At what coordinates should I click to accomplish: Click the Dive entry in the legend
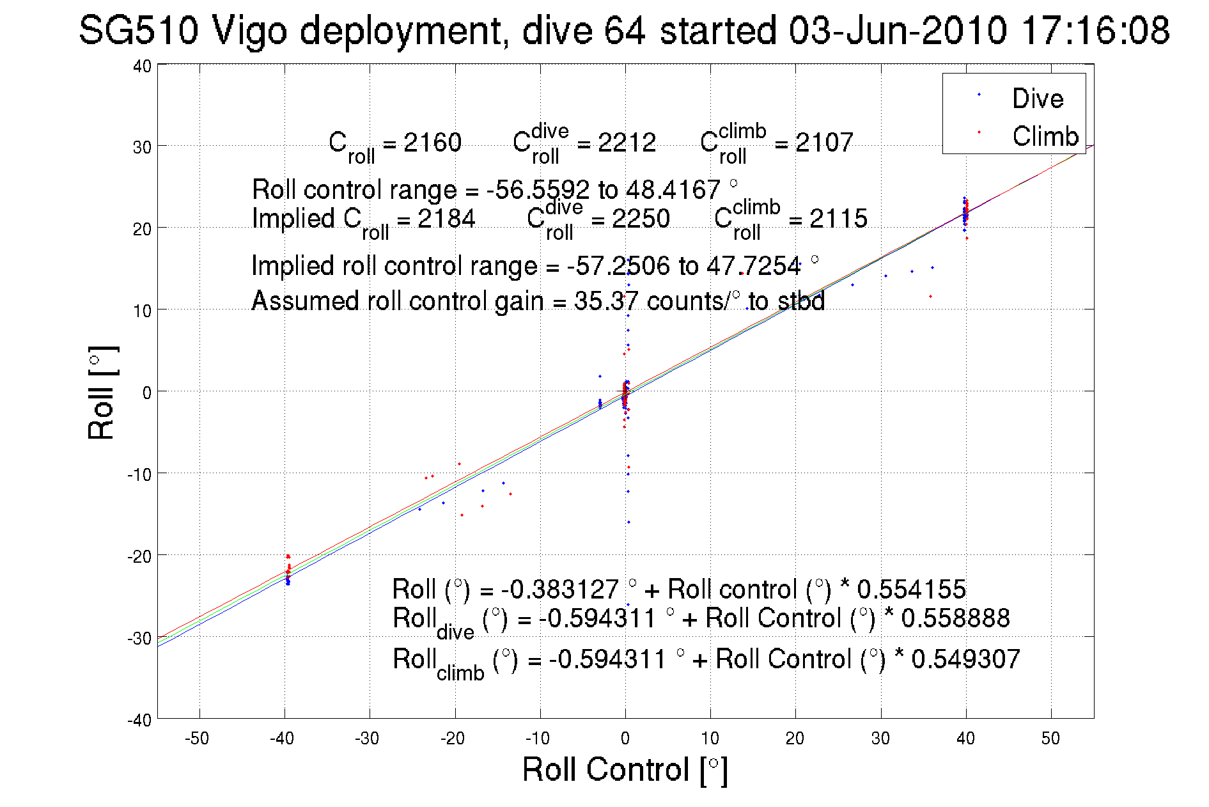coord(1037,98)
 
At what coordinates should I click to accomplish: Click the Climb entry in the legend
coord(1045,136)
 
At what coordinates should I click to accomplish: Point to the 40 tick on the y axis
coord(142,66)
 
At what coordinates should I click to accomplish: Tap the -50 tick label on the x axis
coord(197,739)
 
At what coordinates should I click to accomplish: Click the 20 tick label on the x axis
coord(795,739)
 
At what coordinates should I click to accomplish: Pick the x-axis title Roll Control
coord(625,769)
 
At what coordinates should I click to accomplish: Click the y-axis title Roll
coord(102,393)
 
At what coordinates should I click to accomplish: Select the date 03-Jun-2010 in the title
coord(898,30)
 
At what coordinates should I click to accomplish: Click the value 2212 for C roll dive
coord(627,143)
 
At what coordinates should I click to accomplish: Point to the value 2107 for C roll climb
coord(824,143)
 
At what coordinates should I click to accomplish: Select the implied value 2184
coord(446,219)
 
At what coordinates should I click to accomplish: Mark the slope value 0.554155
coord(911,589)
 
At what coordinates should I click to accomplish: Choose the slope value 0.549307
coord(965,659)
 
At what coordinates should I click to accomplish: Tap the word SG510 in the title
coord(138,30)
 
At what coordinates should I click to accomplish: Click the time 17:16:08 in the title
coord(1095,30)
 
